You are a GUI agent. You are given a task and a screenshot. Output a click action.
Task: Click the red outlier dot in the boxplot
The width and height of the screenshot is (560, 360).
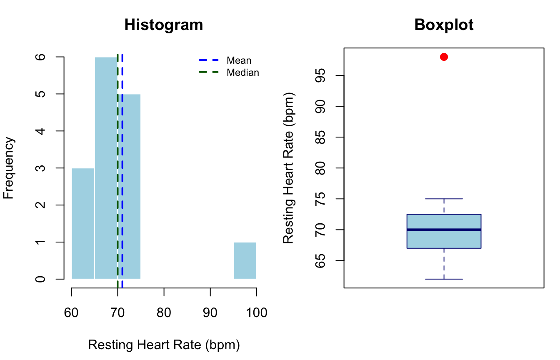(444, 57)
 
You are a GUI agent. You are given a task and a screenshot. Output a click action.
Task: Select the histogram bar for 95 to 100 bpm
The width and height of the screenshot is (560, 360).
(245, 260)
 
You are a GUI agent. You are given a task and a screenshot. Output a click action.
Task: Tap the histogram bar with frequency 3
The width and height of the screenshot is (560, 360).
(83, 223)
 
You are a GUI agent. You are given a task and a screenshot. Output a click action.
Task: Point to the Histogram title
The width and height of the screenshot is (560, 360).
(164, 25)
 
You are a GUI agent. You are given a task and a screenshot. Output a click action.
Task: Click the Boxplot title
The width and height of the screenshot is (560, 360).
(444, 25)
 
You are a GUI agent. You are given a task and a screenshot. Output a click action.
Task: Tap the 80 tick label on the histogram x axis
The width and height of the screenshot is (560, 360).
(164, 312)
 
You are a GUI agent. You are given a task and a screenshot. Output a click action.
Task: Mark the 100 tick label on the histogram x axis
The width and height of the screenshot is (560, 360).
(256, 312)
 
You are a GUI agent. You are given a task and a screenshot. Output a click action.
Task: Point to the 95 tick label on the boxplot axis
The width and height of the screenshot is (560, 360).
(320, 75)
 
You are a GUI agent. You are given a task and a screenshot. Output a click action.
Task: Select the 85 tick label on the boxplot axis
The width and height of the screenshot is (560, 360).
(320, 137)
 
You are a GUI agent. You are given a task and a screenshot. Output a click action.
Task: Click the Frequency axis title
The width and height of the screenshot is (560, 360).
(9, 168)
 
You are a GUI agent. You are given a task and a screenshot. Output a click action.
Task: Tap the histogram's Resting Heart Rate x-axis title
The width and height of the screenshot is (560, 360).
(164, 345)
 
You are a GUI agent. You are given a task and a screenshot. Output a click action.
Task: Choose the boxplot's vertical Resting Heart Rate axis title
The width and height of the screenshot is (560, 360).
(289, 168)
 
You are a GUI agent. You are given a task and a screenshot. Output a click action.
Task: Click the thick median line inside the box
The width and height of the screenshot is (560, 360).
(444, 230)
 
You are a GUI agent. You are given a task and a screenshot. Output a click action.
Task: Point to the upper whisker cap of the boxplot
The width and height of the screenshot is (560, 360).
(444, 199)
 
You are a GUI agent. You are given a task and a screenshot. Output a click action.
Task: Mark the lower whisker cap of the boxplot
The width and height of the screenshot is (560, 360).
(444, 279)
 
